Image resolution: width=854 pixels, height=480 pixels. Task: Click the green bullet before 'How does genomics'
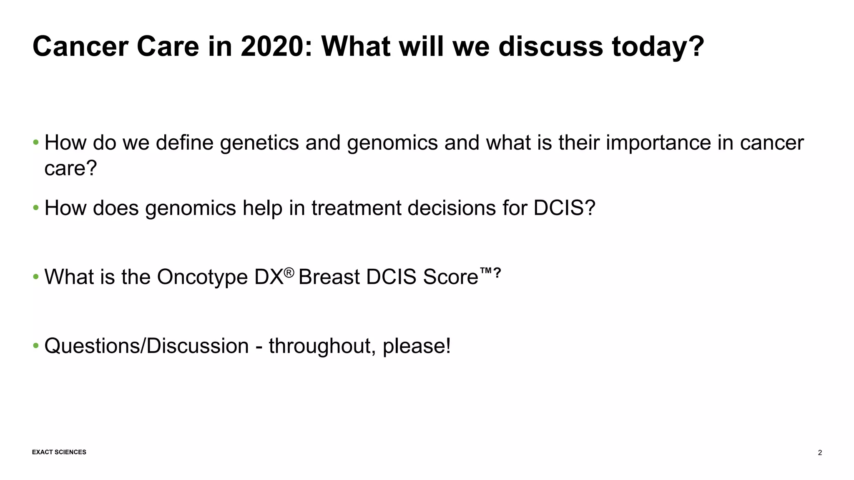tap(36, 207)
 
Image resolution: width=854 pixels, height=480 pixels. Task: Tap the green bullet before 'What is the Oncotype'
tap(36, 277)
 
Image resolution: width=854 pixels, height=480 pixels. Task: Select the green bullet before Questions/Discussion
tap(36, 346)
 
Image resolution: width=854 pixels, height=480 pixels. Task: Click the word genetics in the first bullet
tap(259, 143)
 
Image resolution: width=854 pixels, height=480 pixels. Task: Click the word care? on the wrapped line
tap(70, 168)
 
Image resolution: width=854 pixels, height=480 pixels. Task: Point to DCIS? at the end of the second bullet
tap(564, 207)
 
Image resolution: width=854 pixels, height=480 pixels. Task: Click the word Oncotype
tap(202, 277)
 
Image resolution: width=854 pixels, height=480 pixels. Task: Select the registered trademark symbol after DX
tap(289, 273)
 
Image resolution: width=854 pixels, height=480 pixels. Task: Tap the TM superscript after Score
tap(486, 272)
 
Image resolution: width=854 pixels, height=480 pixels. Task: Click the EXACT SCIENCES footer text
tap(59, 452)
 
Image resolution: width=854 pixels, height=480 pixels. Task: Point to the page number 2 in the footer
tap(820, 453)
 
